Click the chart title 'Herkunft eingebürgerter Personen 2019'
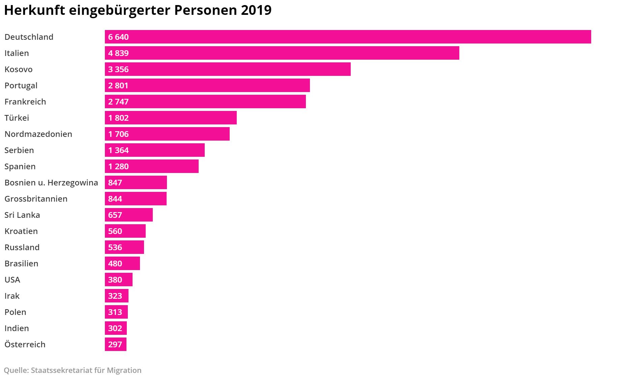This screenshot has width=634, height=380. [x=138, y=10]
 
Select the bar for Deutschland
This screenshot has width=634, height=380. [x=348, y=37]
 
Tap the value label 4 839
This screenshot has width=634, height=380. [x=118, y=53]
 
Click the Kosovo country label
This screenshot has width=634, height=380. [x=19, y=69]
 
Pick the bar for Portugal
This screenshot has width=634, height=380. [x=207, y=85]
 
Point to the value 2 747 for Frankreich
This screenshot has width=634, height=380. [x=118, y=102]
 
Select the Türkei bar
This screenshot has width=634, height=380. [x=171, y=118]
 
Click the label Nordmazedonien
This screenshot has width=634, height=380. [x=38, y=134]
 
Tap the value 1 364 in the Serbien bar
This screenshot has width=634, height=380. [x=118, y=150]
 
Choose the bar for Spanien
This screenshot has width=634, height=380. [x=151, y=166]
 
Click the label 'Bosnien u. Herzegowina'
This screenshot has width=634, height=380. [x=51, y=183]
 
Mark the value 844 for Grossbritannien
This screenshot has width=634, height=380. [x=115, y=199]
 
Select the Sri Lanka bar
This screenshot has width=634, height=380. [x=128, y=215]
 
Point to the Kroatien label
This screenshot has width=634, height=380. [x=21, y=231]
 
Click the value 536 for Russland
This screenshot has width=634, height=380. [x=115, y=247]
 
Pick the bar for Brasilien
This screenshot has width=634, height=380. [x=122, y=263]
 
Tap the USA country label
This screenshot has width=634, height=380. [x=12, y=280]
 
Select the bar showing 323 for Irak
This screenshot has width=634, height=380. [x=116, y=296]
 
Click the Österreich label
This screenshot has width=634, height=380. [x=25, y=345]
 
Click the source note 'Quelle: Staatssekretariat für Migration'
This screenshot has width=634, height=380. [x=73, y=370]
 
